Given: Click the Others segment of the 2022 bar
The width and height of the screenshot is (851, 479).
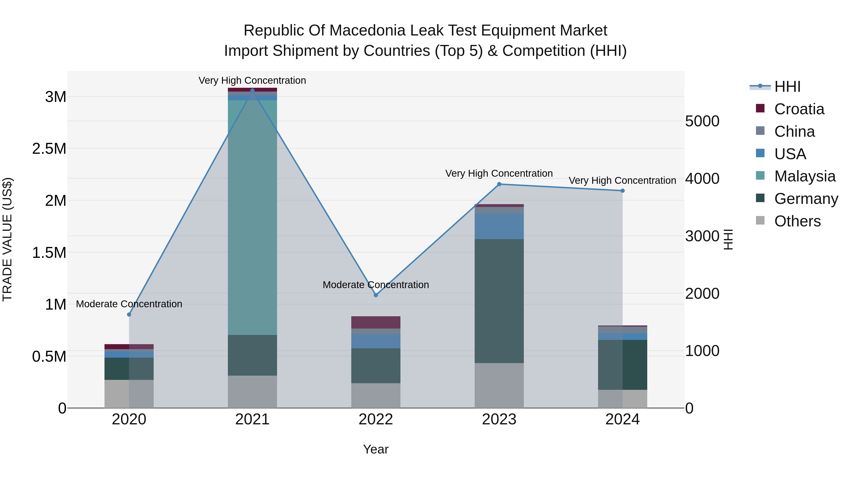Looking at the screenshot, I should click(x=376, y=395).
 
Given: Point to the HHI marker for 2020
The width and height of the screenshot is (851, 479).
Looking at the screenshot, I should click(x=129, y=314).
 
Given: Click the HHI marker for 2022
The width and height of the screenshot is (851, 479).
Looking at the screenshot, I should click(x=376, y=295).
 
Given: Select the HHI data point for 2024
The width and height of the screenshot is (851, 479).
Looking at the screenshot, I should click(x=622, y=191).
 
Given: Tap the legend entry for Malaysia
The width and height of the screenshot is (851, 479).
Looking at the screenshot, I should click(x=805, y=176).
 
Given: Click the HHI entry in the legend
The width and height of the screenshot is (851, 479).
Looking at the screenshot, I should click(x=787, y=87).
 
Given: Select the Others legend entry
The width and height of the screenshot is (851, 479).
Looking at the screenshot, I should click(x=797, y=221).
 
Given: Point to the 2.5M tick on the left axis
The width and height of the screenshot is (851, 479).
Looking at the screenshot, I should click(x=49, y=149).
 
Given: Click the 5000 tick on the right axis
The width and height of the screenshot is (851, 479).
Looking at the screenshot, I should click(x=702, y=121).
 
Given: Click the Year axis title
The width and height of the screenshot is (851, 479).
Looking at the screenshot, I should click(x=376, y=449).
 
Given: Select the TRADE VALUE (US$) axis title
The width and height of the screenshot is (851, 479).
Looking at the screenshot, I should click(x=7, y=239).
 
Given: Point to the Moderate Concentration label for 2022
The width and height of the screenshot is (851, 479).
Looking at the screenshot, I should click(x=376, y=285).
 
